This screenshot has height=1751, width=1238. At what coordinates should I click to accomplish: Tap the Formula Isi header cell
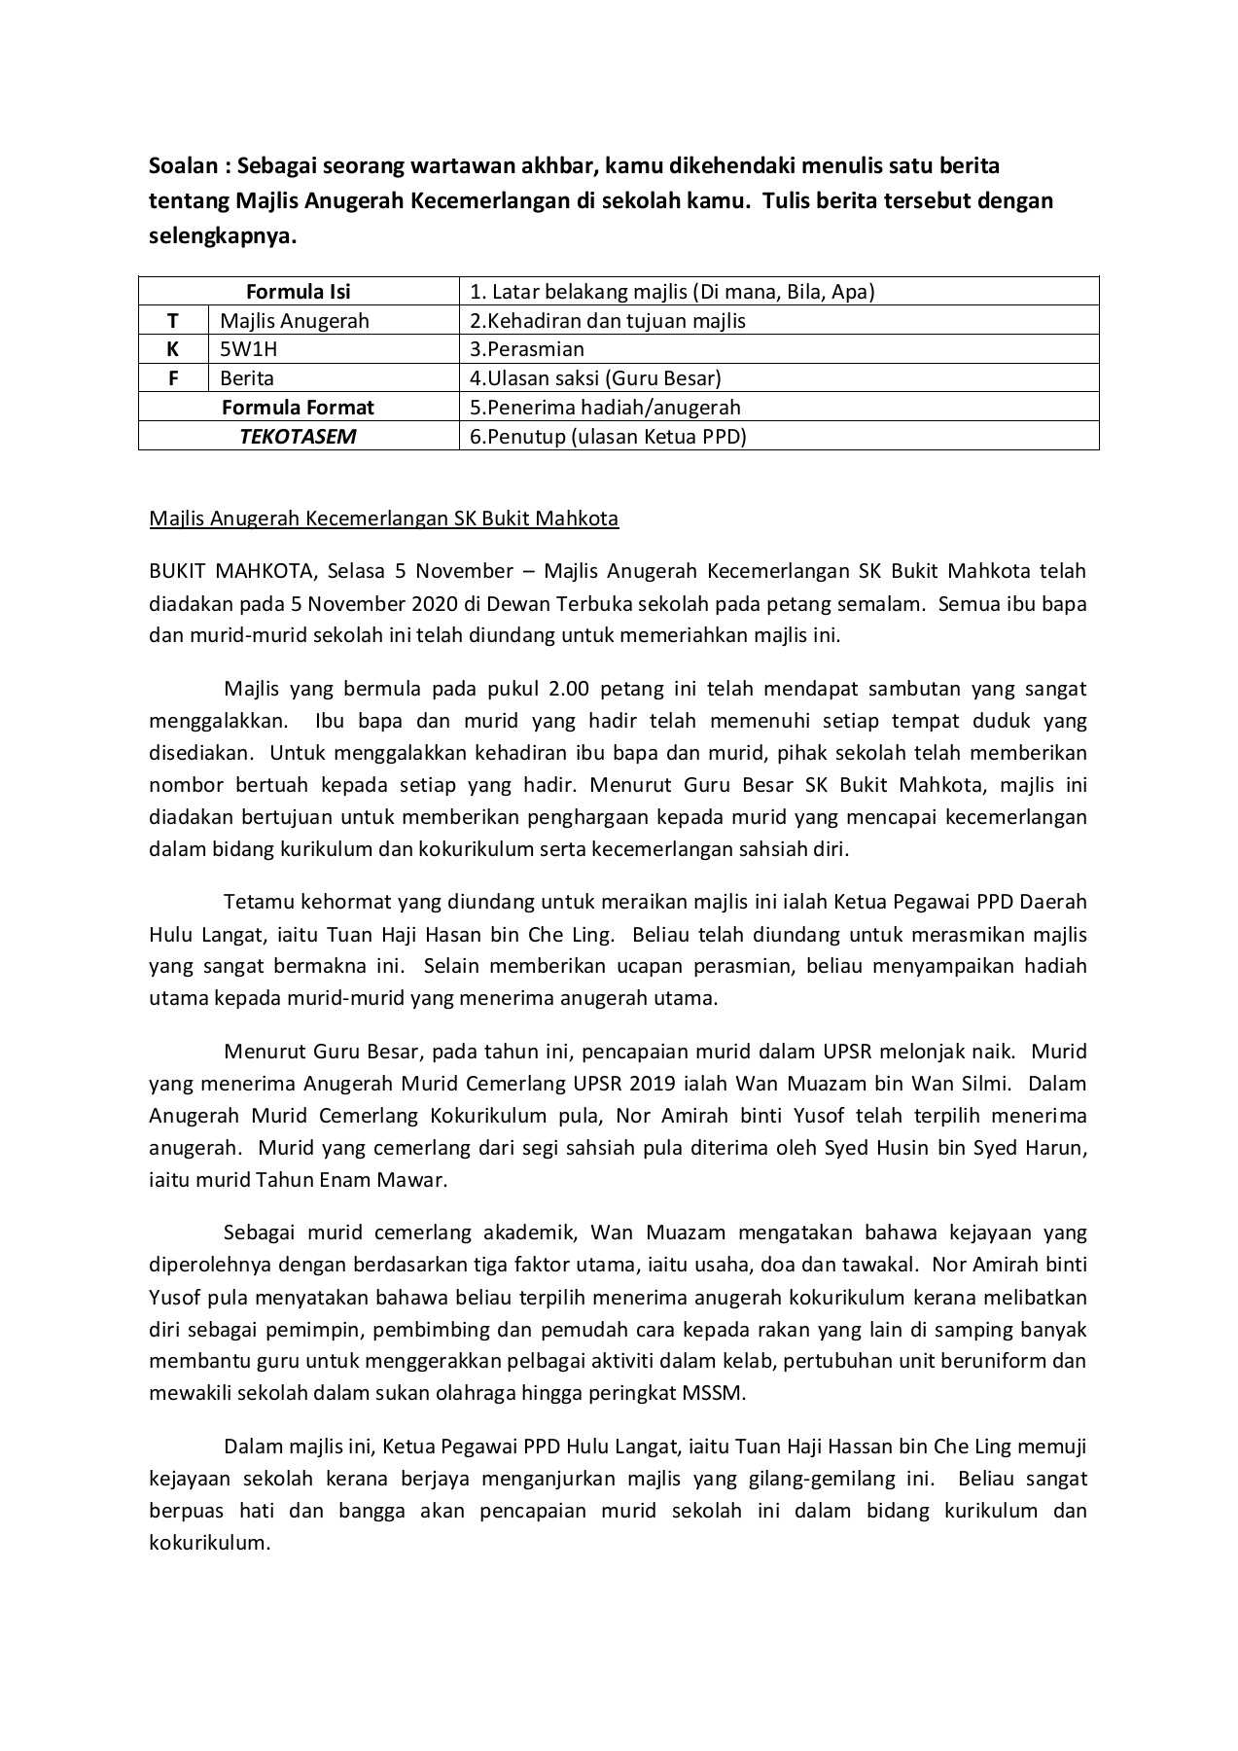[298, 291]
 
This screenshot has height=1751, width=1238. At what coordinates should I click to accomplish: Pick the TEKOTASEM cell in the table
[298, 437]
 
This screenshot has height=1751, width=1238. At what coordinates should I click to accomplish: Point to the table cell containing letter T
[173, 320]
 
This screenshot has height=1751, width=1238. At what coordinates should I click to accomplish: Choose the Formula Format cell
[298, 408]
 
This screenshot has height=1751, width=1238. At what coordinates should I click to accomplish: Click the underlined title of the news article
[383, 518]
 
